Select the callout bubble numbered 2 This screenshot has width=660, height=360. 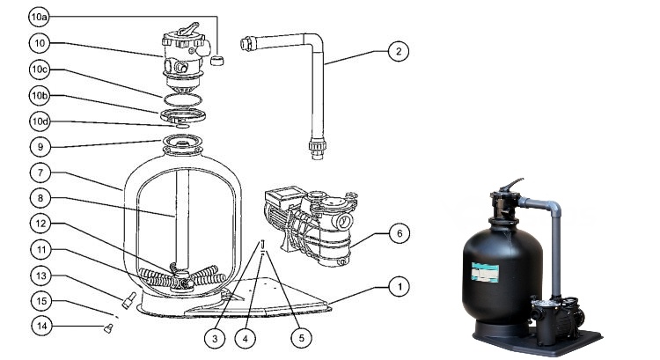point(398,52)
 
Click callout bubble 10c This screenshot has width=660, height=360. point(40,70)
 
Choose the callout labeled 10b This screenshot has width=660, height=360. point(40,95)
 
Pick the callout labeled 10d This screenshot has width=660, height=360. point(40,121)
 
